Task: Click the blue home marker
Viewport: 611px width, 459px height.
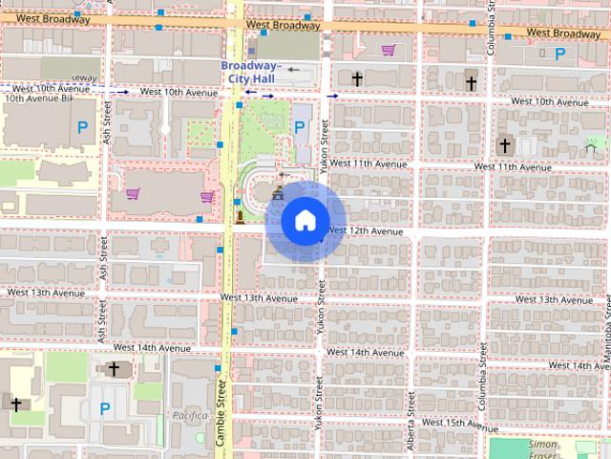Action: [x=305, y=221]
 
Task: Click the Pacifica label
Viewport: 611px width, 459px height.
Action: [x=191, y=415]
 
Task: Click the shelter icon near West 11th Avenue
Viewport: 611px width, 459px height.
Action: [x=590, y=147]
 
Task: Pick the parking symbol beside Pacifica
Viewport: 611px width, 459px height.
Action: [x=105, y=408]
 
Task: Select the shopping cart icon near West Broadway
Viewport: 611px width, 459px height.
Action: [x=389, y=50]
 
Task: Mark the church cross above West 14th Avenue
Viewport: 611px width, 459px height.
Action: [x=114, y=369]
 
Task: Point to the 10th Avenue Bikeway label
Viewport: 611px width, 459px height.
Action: [x=38, y=98]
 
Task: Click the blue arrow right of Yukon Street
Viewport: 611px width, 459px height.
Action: [x=332, y=97]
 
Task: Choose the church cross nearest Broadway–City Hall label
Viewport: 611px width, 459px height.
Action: [x=356, y=78]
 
